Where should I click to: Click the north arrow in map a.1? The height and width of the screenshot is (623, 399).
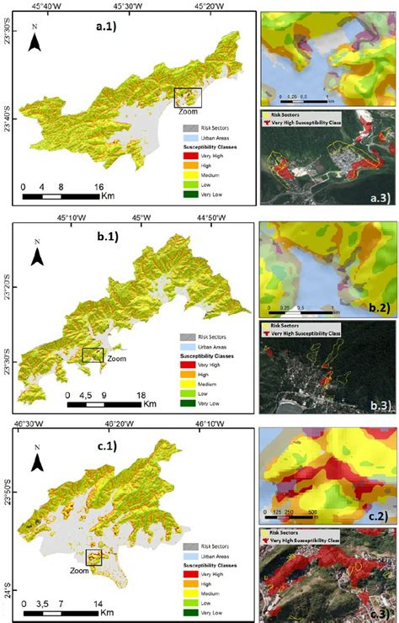34,39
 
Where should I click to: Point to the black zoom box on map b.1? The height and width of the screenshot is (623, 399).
93,355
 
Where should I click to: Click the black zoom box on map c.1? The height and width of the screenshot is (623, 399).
93,556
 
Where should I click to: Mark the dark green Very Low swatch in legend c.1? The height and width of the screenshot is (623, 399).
189,611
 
